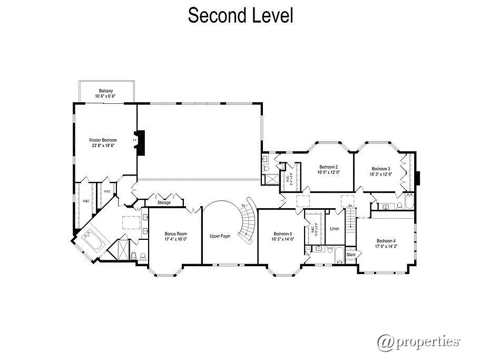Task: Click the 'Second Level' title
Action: click(240, 15)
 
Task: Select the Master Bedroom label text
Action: click(103, 140)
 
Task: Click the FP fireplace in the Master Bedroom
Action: click(138, 141)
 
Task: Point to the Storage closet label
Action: click(164, 202)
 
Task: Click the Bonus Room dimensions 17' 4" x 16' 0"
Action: click(175, 239)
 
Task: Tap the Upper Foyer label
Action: click(220, 236)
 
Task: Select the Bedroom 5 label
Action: click(283, 233)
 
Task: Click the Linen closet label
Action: click(335, 229)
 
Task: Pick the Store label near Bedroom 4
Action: click(351, 255)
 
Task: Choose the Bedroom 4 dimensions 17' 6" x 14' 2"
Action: click(387, 246)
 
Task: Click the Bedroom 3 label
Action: click(381, 169)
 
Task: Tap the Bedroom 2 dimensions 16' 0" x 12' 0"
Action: click(328, 172)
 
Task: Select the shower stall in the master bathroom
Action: click(122, 249)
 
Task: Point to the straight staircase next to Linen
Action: click(350, 223)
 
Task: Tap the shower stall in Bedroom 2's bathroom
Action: click(271, 178)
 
